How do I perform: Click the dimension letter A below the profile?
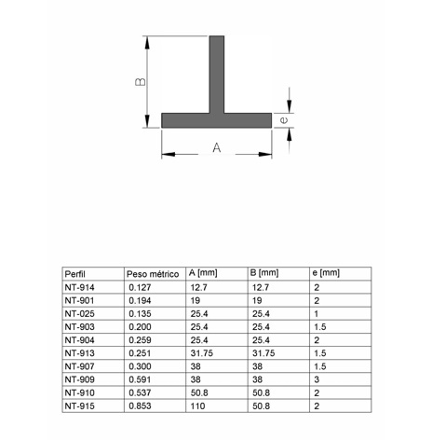[x=217, y=147]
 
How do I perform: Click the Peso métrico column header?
[x=152, y=273]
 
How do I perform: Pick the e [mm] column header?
[x=326, y=273]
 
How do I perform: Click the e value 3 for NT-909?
[x=317, y=379]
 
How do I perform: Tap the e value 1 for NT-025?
[x=317, y=314]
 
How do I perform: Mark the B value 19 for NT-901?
[x=256, y=301]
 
